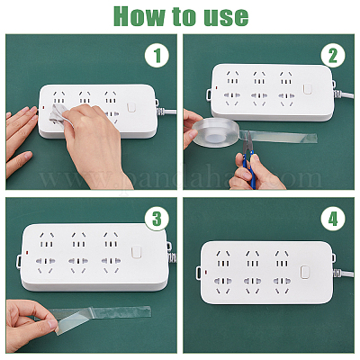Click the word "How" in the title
click(x=139, y=16)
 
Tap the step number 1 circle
click(x=157, y=55)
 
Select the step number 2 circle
click(x=333, y=55)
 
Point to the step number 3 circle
click(x=157, y=219)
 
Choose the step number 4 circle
click(x=333, y=219)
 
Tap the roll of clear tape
click(x=215, y=132)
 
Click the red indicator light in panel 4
click(x=206, y=273)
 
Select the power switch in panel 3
click(x=136, y=252)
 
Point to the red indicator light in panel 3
click(x=27, y=252)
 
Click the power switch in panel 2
click(x=307, y=89)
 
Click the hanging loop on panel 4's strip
click(x=199, y=273)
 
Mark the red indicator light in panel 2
click(x=216, y=88)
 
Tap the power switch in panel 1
click(x=131, y=108)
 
